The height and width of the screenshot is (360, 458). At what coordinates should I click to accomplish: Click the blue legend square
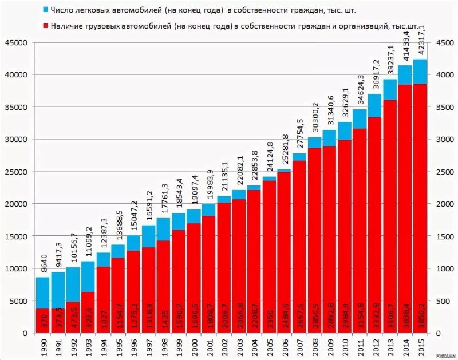pos(45,10)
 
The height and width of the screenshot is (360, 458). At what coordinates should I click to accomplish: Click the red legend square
pos(45,26)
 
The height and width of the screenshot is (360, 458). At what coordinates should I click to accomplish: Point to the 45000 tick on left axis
pos(17,43)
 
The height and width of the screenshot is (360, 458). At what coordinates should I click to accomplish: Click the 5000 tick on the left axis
pos(18,301)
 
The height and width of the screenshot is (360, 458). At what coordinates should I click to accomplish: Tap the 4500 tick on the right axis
pos(443,43)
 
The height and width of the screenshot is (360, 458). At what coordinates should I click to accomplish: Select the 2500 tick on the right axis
pos(443,172)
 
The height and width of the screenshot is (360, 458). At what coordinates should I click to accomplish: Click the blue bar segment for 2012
pos(375,106)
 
